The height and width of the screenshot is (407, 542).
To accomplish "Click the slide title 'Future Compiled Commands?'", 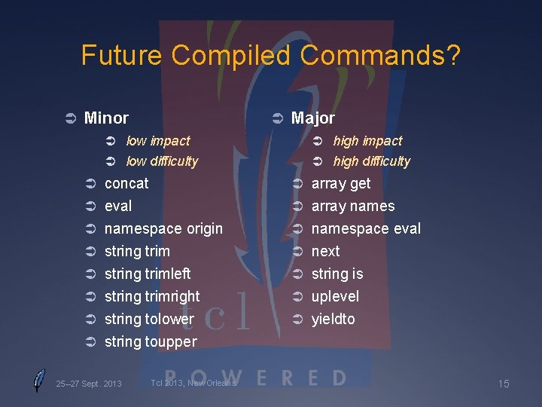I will coord(271,56).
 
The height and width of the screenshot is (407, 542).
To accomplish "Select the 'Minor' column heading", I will coord(106,118).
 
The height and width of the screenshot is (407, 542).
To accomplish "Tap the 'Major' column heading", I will coord(312,118).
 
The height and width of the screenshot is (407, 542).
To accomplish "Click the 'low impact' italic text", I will coord(158,141).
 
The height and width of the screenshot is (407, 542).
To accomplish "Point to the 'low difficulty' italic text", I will coord(162,161).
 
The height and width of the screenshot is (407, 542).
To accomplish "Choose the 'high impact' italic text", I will coord(367,141).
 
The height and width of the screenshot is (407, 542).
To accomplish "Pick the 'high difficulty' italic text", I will coord(371,161).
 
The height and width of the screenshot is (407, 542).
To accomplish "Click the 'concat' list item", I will coord(126,184).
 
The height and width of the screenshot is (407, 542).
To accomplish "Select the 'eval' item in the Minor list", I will coord(118,207).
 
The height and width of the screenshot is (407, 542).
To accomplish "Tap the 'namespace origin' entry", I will coord(163,229).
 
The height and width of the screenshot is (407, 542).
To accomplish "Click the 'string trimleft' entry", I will coord(148,274).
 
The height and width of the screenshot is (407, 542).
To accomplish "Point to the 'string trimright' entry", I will coord(152,297).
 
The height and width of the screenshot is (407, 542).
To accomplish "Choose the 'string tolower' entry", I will coord(149,320).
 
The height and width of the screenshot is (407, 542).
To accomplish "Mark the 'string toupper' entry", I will coord(151,342).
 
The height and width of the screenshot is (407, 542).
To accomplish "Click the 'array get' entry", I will coord(341,184).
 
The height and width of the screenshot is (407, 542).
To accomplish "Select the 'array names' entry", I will coord(353,207).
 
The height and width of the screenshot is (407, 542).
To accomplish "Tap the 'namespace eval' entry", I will coord(366,229).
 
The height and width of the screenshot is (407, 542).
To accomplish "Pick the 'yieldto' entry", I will coord(333,320).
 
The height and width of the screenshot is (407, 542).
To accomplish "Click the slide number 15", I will coord(504,384).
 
